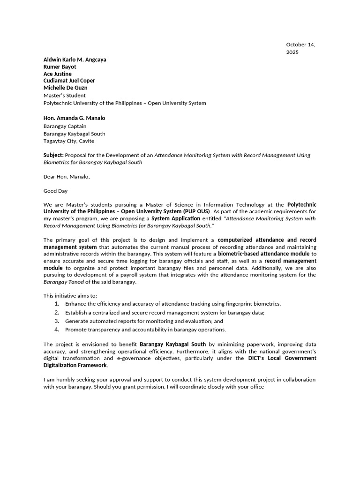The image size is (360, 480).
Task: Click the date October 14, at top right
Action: [300, 45]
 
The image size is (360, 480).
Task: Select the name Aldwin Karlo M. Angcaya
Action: [75, 60]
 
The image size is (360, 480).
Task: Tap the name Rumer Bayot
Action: [60, 67]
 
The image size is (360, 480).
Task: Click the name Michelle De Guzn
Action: [65, 88]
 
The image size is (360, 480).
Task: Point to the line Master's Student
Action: [64, 95]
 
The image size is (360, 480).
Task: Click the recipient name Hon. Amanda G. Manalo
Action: [74, 118]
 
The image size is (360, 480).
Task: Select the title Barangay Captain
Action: [65, 126]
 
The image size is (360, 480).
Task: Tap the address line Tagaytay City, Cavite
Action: [68, 141]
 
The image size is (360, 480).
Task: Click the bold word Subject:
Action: [53, 155]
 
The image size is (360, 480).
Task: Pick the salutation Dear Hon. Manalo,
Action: [66, 177]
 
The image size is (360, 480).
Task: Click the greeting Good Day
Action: [55, 191]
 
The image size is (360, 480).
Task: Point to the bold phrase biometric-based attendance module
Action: [264, 254]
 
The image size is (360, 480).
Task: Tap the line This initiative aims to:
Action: [70, 296]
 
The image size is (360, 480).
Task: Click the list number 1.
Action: [56, 304]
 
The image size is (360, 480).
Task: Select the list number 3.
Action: [56, 321]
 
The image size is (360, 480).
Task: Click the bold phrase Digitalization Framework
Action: [75, 365]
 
